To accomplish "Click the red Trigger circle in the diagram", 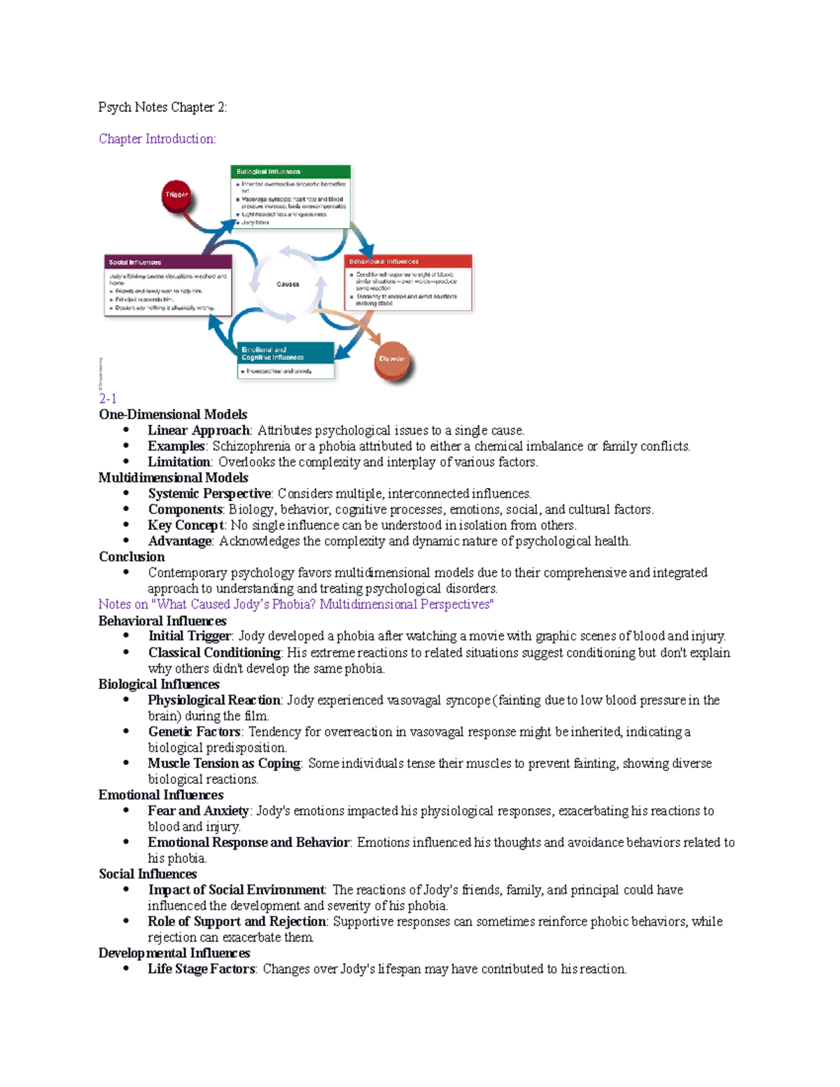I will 176,195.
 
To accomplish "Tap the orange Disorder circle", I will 392,359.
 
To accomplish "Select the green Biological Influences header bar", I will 290,171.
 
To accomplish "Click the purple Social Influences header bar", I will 168,262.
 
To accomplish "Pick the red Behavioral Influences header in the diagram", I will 409,262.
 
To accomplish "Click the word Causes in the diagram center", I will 288,284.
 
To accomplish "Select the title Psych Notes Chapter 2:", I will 162,107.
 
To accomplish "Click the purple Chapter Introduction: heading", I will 157,139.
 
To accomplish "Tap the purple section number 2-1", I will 108,398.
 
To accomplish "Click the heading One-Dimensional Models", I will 173,414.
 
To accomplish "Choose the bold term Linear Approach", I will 199,430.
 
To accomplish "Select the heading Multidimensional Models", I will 174,478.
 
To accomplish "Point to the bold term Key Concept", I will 186,526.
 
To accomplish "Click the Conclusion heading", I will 132,557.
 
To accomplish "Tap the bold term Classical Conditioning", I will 214,652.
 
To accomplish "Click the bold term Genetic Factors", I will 195,731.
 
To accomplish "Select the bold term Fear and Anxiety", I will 198,811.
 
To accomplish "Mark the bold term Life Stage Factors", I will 202,969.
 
